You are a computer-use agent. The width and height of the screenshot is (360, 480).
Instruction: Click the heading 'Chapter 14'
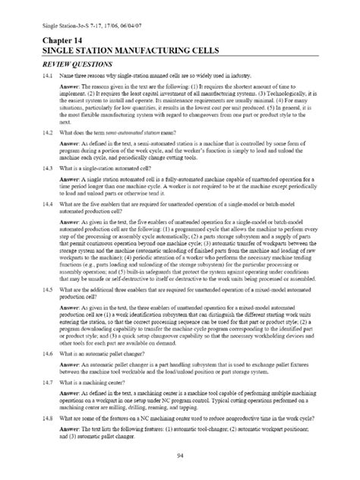(51, 40)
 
